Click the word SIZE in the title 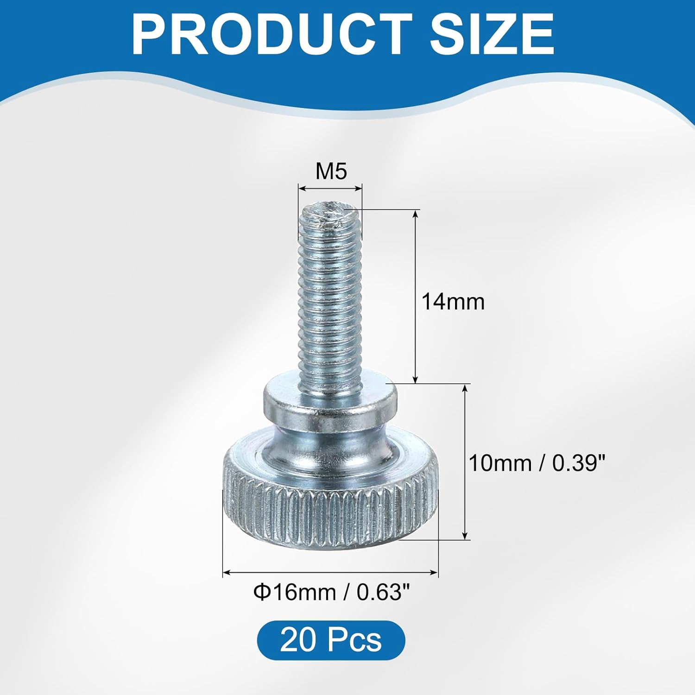click(x=491, y=35)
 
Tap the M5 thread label click(x=331, y=171)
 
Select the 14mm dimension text click(x=453, y=302)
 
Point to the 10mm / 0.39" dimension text click(x=537, y=463)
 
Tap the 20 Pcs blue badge click(x=331, y=640)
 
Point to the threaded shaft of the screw click(x=329, y=297)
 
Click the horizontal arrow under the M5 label click(x=330, y=188)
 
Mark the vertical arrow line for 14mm click(x=416, y=297)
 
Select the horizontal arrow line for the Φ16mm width click(x=330, y=573)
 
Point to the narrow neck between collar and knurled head click(x=329, y=436)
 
